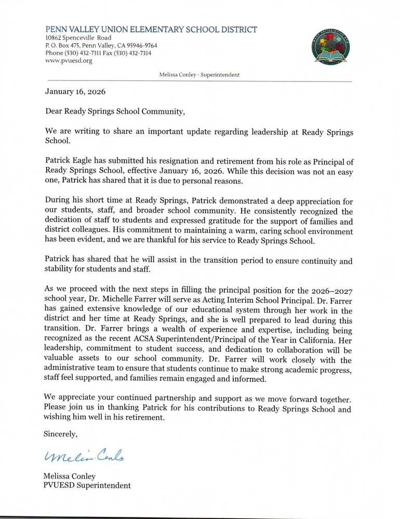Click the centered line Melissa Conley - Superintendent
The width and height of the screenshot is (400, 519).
point(201,75)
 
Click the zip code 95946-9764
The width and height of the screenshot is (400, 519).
point(139,46)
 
